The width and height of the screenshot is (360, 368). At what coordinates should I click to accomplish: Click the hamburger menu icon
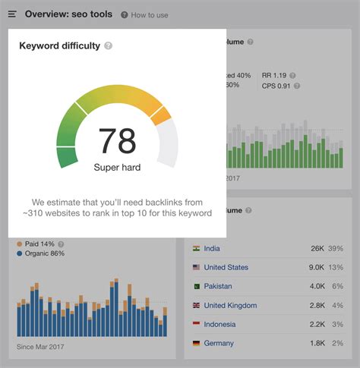(12, 14)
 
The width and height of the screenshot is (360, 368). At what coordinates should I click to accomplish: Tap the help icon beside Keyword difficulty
(109, 46)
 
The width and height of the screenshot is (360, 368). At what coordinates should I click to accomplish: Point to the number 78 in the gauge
(117, 140)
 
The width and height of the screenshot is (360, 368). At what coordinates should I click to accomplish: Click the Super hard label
(117, 167)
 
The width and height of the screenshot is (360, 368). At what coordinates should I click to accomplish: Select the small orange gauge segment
(161, 115)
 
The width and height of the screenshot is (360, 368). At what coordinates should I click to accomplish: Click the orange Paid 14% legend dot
(19, 244)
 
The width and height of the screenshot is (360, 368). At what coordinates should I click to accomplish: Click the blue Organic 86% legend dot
(19, 253)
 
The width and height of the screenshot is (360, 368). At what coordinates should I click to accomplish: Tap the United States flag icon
(196, 267)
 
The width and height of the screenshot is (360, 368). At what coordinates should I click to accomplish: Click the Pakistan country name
(218, 286)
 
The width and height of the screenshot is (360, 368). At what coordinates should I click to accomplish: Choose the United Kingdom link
(230, 305)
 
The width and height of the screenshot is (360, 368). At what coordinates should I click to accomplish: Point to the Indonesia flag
(196, 324)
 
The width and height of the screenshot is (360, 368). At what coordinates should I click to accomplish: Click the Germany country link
(219, 343)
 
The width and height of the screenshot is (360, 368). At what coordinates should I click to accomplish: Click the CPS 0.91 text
(277, 85)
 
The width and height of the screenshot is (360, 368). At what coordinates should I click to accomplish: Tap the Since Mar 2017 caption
(41, 348)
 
